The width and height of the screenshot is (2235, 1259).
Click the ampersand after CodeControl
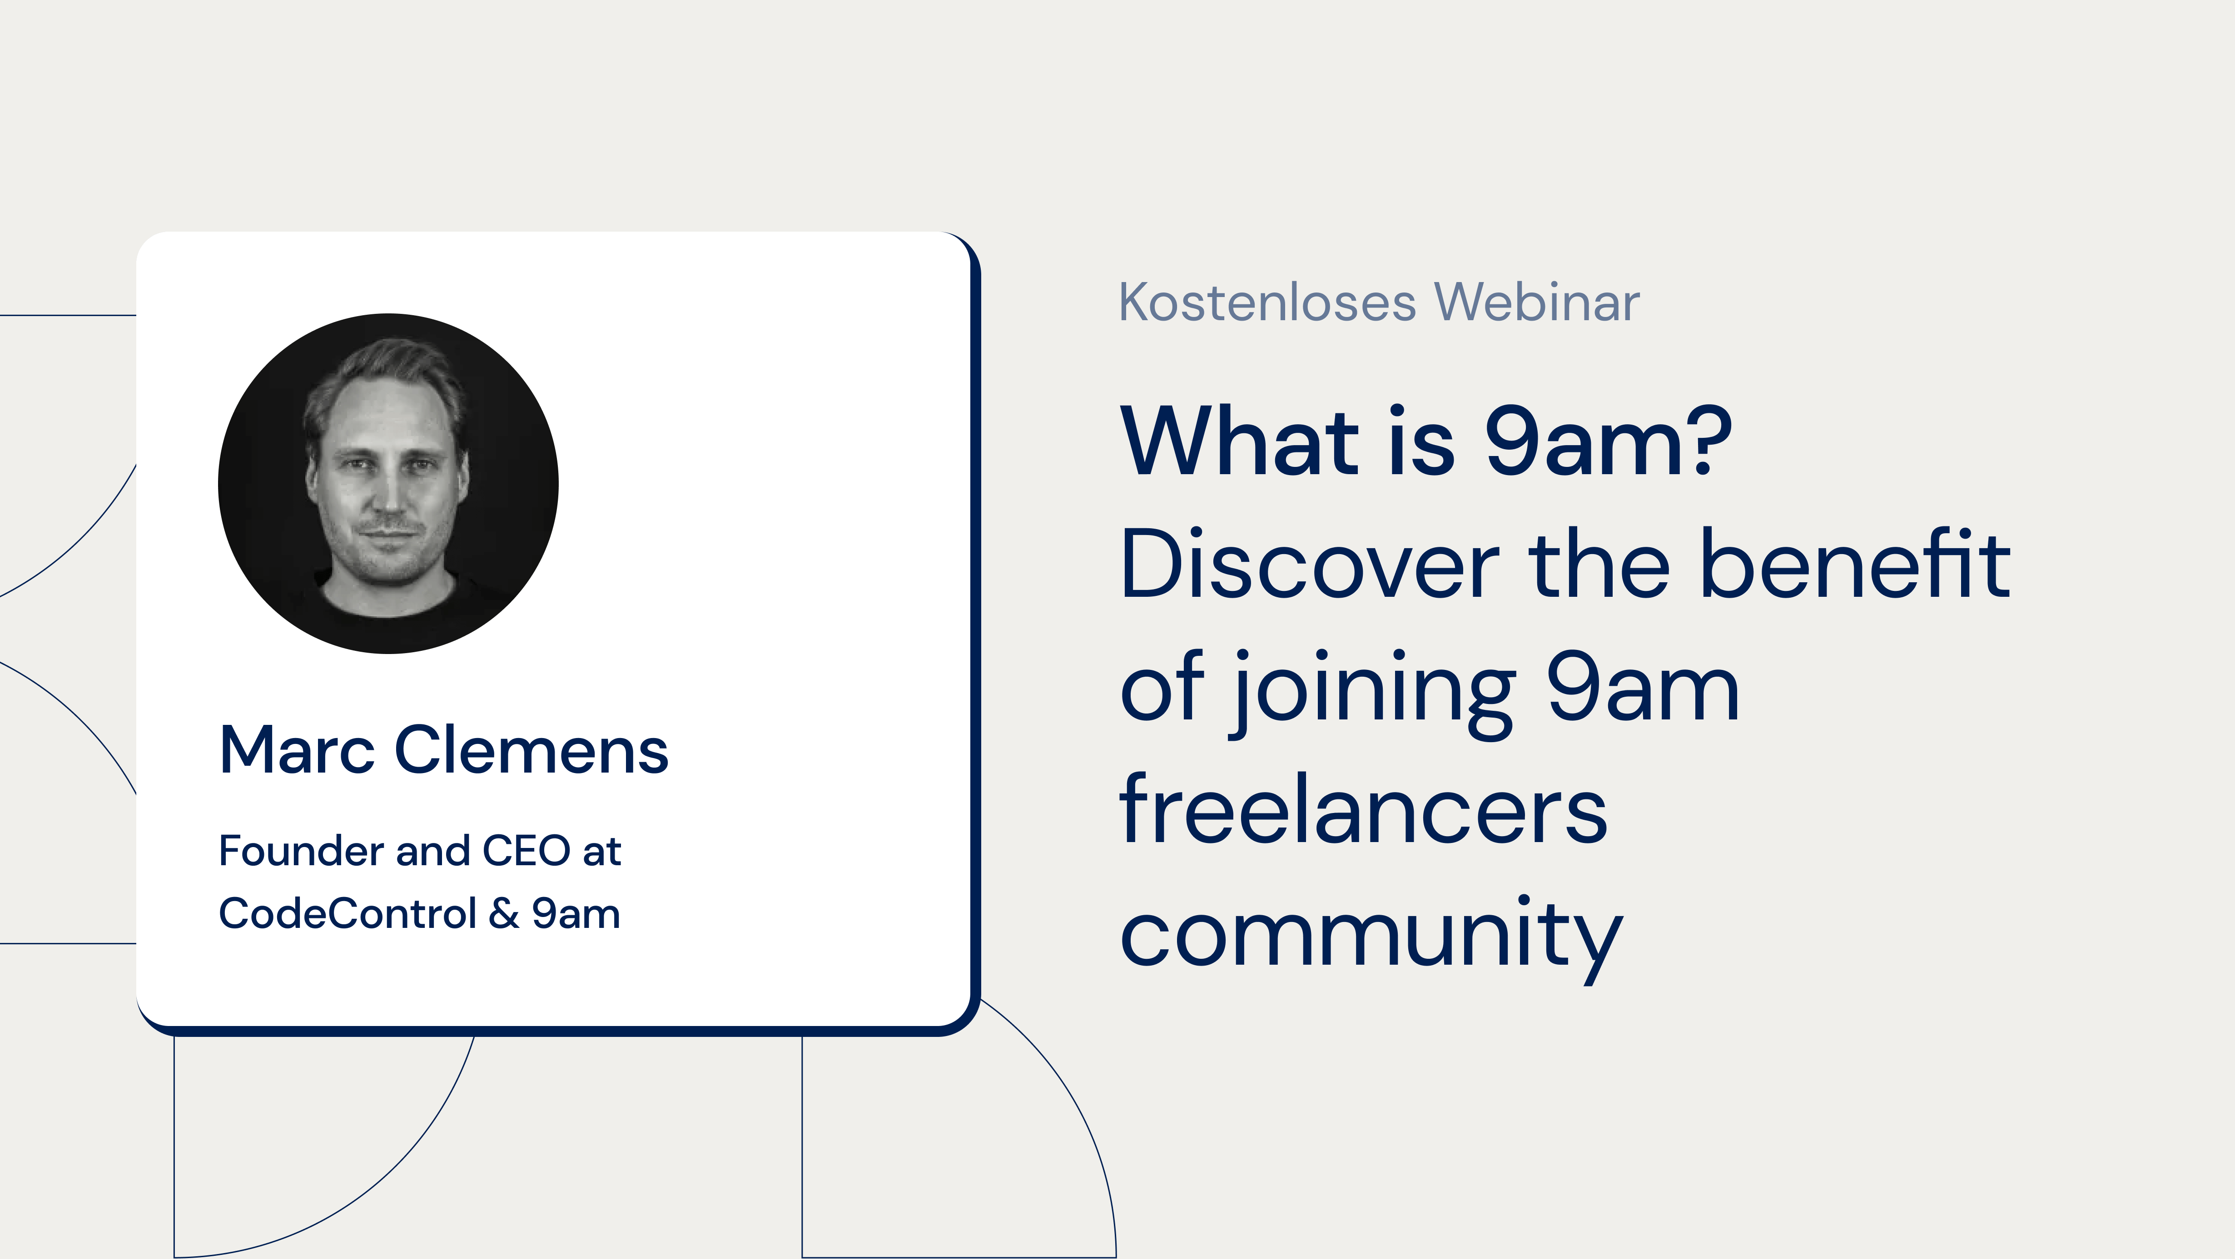point(504,914)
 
